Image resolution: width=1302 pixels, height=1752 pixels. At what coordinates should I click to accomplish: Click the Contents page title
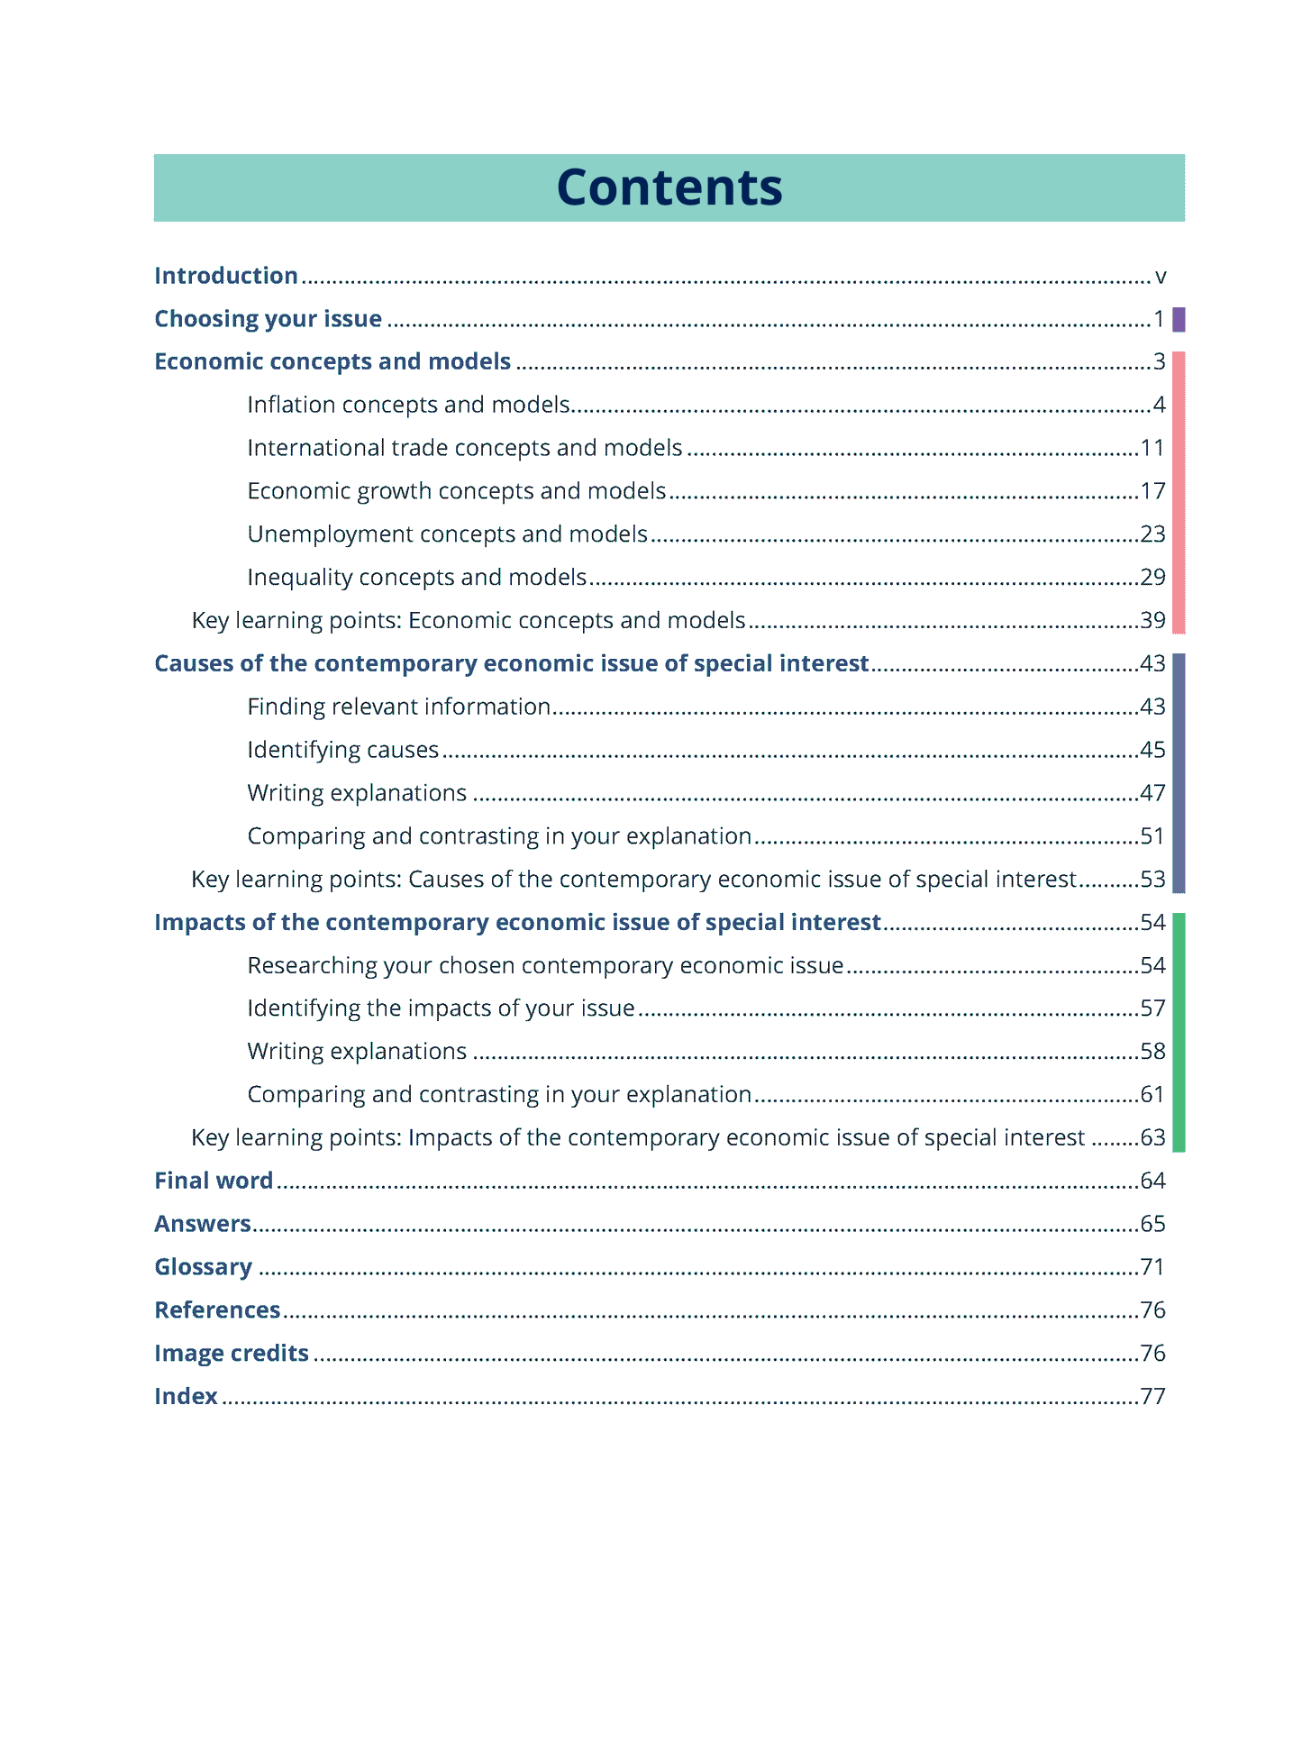(669, 187)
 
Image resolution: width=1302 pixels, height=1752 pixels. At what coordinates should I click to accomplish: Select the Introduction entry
(225, 276)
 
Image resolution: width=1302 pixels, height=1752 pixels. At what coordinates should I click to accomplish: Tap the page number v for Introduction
(1160, 277)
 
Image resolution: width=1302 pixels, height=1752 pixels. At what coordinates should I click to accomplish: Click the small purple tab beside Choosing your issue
(1179, 319)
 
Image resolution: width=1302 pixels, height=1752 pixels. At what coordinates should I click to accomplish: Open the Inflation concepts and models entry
(408, 405)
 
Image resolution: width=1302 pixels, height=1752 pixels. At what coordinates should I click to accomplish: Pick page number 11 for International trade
(1152, 448)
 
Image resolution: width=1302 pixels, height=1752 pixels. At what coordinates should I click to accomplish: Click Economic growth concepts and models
(456, 491)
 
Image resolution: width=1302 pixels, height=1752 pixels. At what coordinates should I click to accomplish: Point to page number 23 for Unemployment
(1152, 534)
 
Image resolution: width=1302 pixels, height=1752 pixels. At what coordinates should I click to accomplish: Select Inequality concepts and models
(416, 577)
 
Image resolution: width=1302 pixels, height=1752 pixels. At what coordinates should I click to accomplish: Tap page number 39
(1152, 620)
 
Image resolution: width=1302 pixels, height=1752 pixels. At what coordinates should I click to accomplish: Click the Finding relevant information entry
(398, 707)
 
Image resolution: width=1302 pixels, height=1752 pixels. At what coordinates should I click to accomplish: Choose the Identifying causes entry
(342, 750)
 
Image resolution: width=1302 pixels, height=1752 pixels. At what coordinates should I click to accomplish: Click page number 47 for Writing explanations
(1152, 793)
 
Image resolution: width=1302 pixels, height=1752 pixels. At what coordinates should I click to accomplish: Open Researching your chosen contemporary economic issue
(545, 965)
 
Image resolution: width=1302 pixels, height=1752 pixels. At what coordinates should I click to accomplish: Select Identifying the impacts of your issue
(441, 1008)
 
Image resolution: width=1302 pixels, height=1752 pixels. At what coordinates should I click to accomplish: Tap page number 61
(1152, 1094)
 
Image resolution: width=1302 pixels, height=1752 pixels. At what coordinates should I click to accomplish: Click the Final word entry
(214, 1181)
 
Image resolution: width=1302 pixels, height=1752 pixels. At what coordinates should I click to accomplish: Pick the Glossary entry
(203, 1267)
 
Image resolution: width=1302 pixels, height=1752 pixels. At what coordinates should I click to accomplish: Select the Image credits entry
(232, 1353)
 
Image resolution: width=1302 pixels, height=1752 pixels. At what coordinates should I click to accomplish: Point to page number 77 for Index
(1152, 1396)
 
